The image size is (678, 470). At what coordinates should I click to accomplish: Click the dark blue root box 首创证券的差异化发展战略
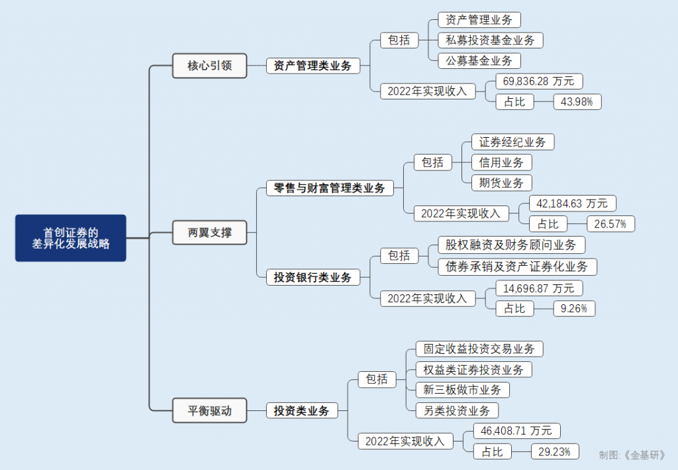pos(71,238)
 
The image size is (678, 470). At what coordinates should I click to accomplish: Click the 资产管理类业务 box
pos(313,66)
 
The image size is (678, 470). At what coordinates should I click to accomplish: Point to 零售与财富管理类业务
pos(329,188)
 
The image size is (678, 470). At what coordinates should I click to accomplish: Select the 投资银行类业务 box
pos(313,278)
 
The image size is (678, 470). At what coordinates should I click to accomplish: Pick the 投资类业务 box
pos(301,411)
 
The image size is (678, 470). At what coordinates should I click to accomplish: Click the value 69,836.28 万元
pos(539,82)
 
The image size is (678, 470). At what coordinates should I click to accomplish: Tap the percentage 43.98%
pos(577,102)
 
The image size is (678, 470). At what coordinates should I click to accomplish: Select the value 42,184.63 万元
pos(573,203)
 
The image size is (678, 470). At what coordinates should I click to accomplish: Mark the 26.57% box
pos(610,224)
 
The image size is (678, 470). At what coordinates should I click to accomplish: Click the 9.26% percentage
pos(573,308)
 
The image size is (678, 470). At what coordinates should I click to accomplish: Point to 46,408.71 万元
pos(516,431)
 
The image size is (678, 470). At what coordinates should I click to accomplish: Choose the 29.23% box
pos(555,451)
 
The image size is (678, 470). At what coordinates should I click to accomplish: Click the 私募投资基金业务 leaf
pos(490,40)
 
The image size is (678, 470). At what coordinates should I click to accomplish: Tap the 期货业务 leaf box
pos(501,183)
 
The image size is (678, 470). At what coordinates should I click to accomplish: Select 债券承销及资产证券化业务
pos(517,266)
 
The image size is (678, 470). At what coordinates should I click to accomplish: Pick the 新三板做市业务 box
pos(462,390)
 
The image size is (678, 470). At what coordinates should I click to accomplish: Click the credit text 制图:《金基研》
pos(632,455)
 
